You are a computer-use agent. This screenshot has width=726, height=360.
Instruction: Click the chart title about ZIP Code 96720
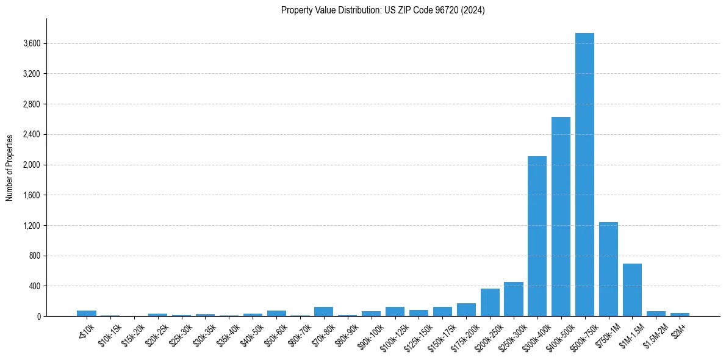pos(383,10)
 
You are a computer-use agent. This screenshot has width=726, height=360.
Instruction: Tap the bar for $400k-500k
pos(561,217)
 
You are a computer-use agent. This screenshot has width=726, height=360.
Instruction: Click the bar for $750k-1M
pos(608,269)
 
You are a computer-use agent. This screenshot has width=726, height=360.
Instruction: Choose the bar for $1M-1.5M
pos(632,290)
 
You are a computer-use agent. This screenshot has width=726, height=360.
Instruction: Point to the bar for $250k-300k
pos(513,299)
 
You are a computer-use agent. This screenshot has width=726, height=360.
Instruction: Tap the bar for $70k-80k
pos(323,312)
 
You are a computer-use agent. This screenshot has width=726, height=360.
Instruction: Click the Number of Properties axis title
pos(10,168)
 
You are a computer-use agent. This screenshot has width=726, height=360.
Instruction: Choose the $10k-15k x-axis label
pos(109,334)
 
